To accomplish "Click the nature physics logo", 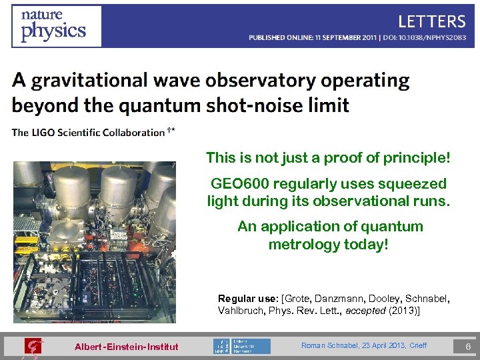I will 57,26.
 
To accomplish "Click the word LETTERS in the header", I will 431,21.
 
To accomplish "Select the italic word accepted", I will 362,311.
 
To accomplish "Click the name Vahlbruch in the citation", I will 240,311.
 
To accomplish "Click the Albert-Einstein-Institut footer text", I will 126,347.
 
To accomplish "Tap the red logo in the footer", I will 32,346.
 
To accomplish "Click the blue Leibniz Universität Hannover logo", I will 241,346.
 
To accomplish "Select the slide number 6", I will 467,347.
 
